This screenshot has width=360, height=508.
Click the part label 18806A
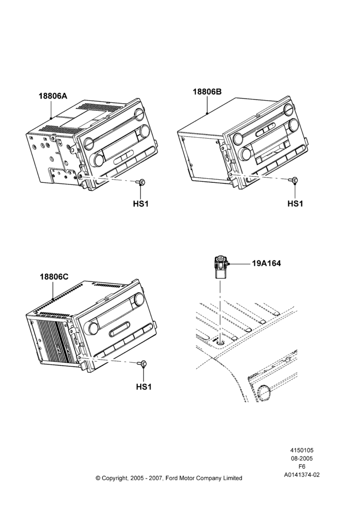point(53,96)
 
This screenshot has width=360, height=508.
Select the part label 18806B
point(207,91)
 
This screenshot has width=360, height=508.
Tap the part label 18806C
point(54,277)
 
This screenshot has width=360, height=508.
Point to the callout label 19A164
point(266,263)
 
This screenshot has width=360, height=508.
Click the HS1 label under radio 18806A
point(141,204)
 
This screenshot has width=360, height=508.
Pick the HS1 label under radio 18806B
point(295,204)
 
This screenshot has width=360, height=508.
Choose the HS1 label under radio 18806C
point(143,387)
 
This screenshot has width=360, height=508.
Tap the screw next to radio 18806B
point(294,180)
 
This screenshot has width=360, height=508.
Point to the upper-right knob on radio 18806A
point(138,114)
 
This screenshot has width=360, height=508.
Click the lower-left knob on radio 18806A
point(96,160)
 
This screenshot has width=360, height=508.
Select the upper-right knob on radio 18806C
point(138,298)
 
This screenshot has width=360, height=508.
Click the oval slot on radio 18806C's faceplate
point(120,329)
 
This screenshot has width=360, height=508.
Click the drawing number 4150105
point(302,450)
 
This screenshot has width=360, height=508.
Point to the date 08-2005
point(302,458)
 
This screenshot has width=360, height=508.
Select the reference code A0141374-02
point(302,475)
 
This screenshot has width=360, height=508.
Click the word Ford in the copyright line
point(172,478)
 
